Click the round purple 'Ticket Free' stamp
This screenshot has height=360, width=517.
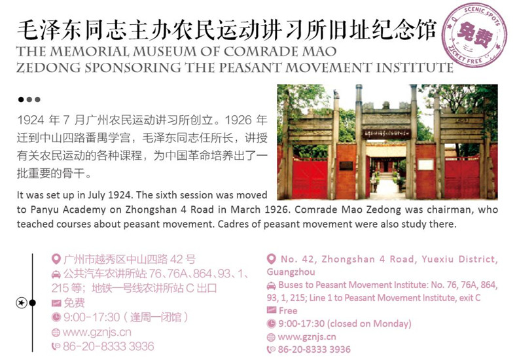click(x=475, y=35)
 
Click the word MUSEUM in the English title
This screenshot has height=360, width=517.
click(x=165, y=52)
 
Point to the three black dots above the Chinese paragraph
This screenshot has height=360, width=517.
click(x=29, y=99)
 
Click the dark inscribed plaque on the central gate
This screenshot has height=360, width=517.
click(x=387, y=134)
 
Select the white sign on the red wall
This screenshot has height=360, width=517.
click(x=425, y=164)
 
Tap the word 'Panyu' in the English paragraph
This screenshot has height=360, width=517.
click(x=45, y=209)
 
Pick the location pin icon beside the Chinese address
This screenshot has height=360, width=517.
click(x=56, y=259)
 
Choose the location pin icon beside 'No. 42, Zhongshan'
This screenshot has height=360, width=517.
click(x=272, y=259)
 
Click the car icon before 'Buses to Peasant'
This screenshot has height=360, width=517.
click(x=271, y=285)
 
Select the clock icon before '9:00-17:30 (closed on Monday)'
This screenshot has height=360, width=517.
click(x=271, y=324)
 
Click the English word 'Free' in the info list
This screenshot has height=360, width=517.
click(x=288, y=311)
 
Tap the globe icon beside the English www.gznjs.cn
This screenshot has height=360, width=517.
click(x=271, y=337)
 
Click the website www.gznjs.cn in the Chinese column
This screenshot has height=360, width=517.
click(x=97, y=332)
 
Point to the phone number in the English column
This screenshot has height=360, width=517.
click(x=314, y=350)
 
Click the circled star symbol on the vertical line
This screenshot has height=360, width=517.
click(x=22, y=302)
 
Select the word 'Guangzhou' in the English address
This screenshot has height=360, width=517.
click(x=291, y=272)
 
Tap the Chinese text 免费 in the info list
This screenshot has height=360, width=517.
click(x=74, y=302)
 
